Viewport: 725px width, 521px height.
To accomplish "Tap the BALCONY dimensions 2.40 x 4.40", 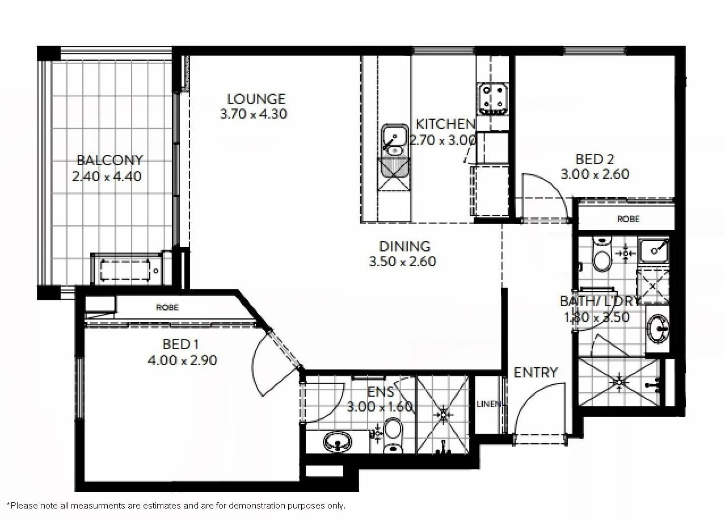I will click(107, 176).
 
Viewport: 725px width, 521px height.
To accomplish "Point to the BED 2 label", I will click(595, 159).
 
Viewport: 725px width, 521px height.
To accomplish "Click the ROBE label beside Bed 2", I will click(628, 219).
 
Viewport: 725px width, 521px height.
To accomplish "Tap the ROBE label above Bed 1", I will click(167, 308).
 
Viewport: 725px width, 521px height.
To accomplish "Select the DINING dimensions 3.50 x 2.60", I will click(403, 262).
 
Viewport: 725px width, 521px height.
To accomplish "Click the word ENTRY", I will click(536, 372).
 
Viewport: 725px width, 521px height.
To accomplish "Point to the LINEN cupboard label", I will click(488, 404).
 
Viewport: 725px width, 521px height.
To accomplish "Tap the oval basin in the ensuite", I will click(339, 441).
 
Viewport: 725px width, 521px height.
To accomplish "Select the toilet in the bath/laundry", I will click(601, 255).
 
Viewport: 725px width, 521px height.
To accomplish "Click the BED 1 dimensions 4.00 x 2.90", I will click(182, 360).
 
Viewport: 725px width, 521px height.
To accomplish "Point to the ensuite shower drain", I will click(443, 414).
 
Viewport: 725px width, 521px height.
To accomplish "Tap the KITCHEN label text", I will click(445, 124).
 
